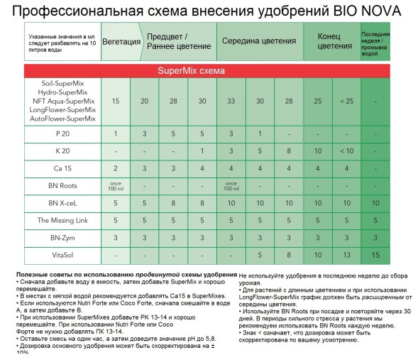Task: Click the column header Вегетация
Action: click(x=121, y=41)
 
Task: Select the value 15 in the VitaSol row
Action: click(x=375, y=254)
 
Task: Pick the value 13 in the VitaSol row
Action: click(x=346, y=254)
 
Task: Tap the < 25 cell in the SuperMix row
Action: click(x=346, y=101)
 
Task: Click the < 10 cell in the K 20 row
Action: click(x=346, y=151)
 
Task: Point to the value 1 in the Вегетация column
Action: click(x=116, y=133)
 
